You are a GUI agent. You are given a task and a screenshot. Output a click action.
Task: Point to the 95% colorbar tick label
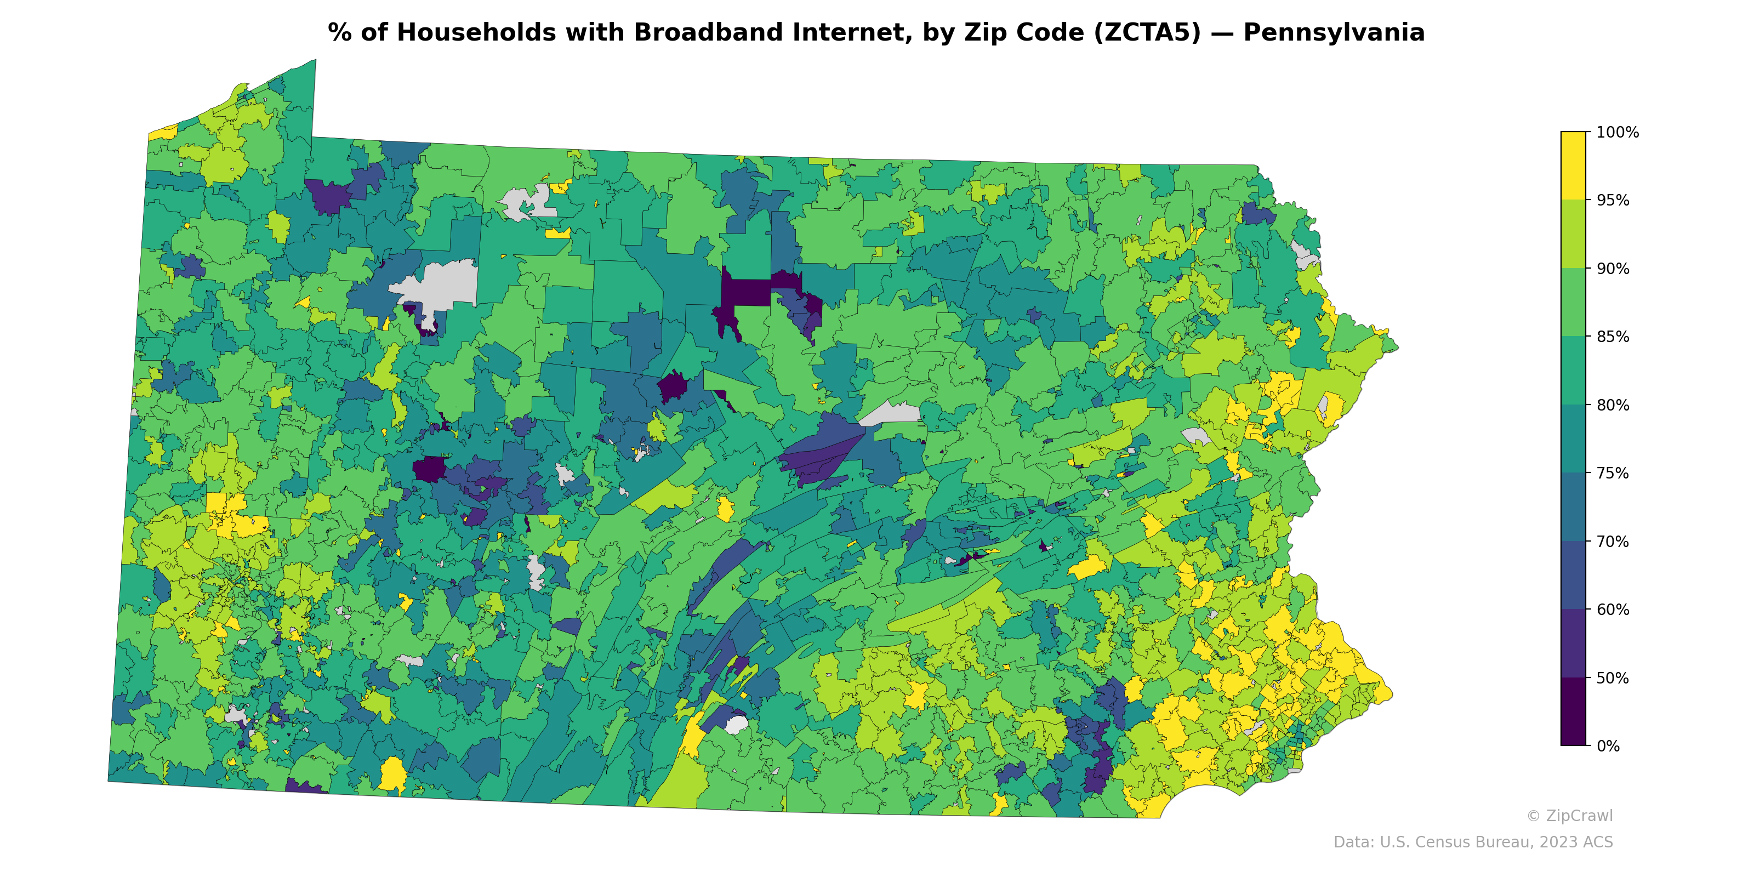click(x=1613, y=200)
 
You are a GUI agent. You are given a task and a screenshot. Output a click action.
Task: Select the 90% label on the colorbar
click(x=1613, y=268)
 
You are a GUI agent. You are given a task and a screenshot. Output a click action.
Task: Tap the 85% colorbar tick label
click(x=1613, y=337)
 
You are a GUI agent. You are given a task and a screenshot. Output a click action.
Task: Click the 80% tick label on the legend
click(x=1613, y=405)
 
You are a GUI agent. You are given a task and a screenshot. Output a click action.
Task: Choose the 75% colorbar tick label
click(x=1613, y=473)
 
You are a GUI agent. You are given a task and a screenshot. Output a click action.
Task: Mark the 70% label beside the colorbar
click(x=1613, y=542)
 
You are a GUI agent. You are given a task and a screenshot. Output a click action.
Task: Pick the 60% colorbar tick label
click(x=1613, y=610)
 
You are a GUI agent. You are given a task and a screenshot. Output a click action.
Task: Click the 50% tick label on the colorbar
click(x=1613, y=678)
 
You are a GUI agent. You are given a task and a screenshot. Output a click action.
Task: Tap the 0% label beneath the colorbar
click(x=1608, y=746)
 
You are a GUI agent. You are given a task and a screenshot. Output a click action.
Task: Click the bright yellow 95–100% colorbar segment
click(x=1573, y=166)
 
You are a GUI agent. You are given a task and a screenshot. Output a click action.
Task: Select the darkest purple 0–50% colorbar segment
click(x=1573, y=711)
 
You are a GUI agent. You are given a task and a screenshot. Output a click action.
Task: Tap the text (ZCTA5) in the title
click(x=1147, y=33)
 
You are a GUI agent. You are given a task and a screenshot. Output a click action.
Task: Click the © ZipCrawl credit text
click(x=1569, y=816)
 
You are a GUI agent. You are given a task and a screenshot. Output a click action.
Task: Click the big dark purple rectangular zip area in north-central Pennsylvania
click(x=745, y=292)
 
